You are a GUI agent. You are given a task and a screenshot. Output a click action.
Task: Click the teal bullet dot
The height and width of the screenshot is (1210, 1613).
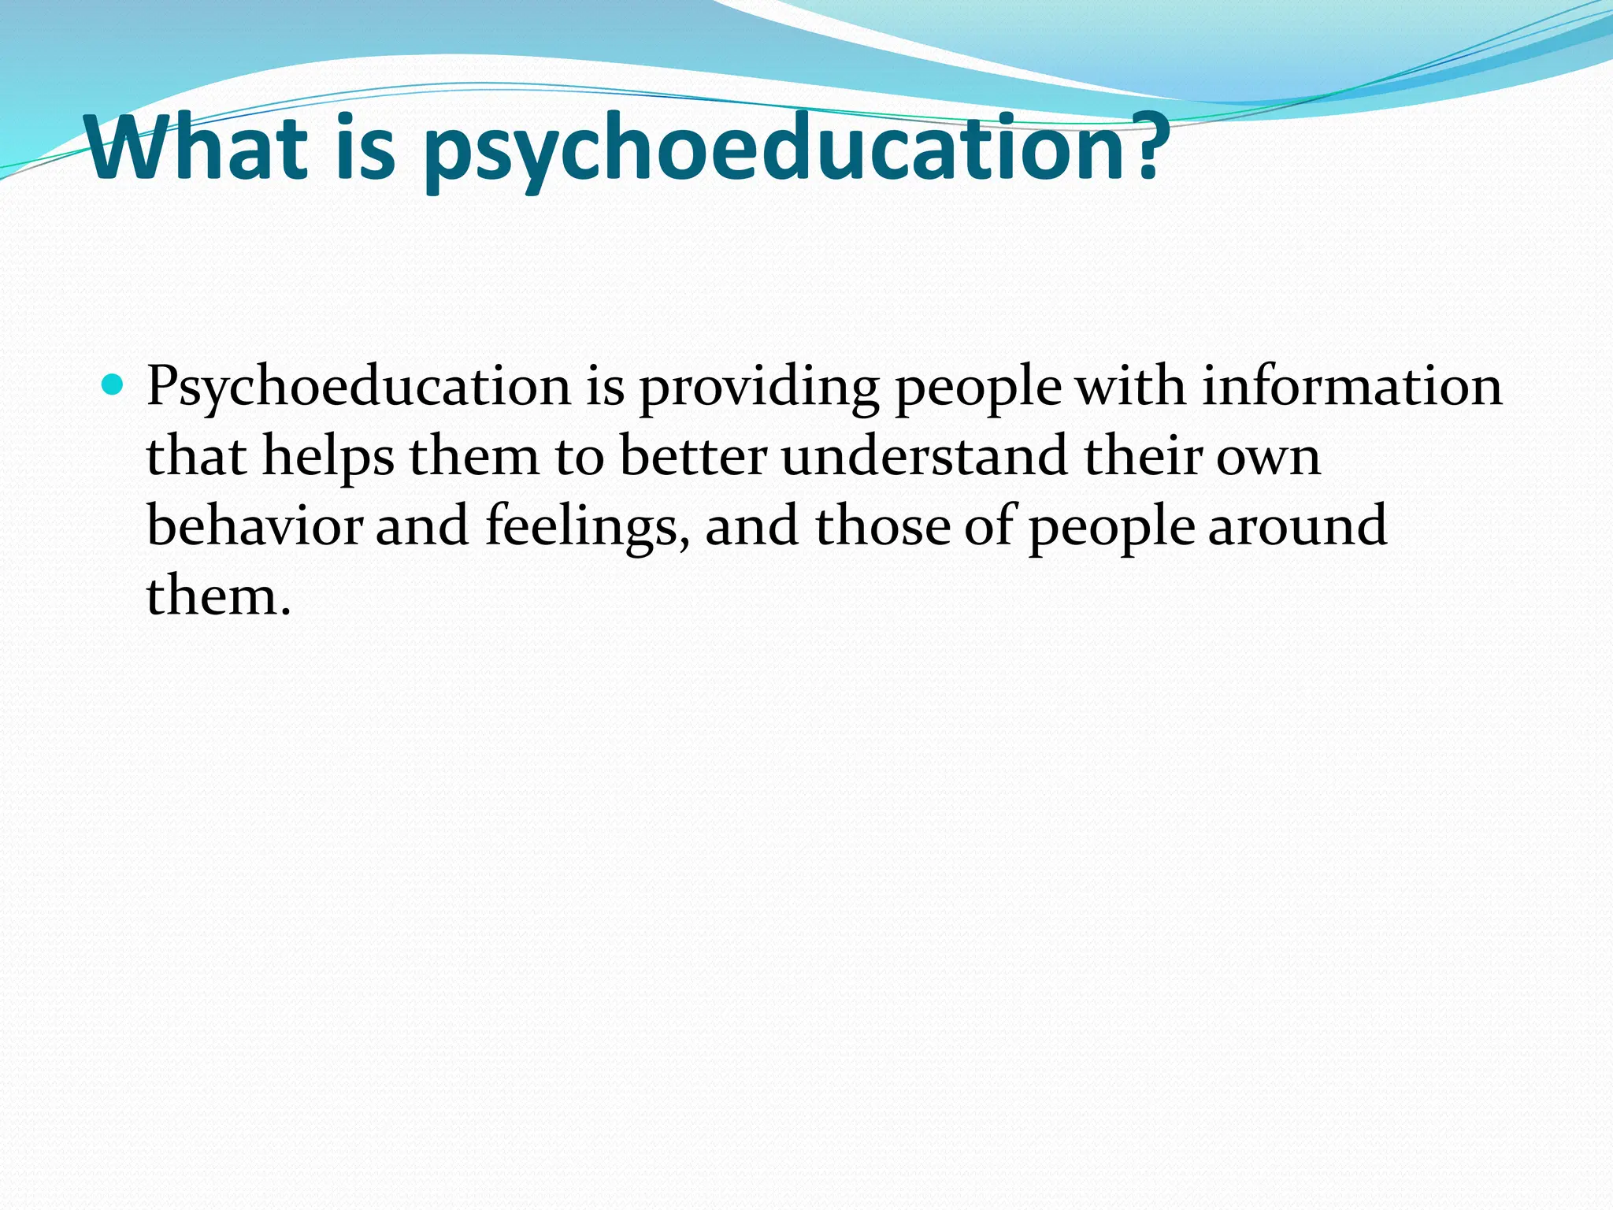[113, 385]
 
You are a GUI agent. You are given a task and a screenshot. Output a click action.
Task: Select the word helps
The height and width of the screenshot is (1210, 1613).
[328, 457]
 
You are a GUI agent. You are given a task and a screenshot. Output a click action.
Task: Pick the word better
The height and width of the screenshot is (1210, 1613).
[693, 457]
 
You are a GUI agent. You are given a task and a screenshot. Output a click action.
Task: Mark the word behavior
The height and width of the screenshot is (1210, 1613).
[254, 525]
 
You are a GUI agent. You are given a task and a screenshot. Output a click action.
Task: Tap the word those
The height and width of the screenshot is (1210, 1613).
[882, 525]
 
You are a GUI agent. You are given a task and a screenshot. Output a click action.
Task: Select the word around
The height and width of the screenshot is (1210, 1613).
[1297, 525]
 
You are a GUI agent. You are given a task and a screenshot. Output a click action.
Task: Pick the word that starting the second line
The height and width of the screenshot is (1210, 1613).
[196, 457]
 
